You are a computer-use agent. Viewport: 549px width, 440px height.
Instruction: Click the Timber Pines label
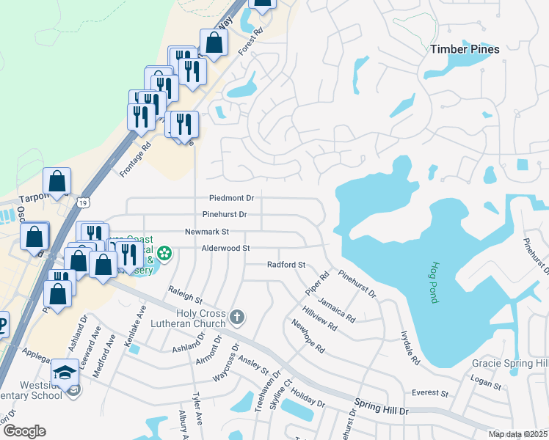(x=465, y=49)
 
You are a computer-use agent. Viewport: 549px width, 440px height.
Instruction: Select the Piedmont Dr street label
(x=231, y=198)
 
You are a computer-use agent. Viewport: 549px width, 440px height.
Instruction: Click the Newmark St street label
(x=207, y=231)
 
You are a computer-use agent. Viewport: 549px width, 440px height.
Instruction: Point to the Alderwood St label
(x=226, y=248)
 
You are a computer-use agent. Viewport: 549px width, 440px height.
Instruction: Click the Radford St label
(x=286, y=264)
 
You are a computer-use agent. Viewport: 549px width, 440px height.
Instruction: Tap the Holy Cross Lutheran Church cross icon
(x=236, y=318)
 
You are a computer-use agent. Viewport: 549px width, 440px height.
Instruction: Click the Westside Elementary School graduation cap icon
(x=65, y=371)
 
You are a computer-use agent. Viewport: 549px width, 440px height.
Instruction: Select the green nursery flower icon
(x=165, y=254)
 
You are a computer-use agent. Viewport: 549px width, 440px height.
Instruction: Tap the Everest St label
(x=429, y=393)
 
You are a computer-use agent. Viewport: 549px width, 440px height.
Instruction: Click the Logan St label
(x=485, y=384)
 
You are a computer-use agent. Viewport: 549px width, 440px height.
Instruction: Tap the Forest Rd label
(x=250, y=44)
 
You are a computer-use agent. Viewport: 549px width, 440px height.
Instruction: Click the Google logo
(x=23, y=431)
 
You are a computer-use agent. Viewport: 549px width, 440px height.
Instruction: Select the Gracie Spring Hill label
(x=509, y=364)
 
